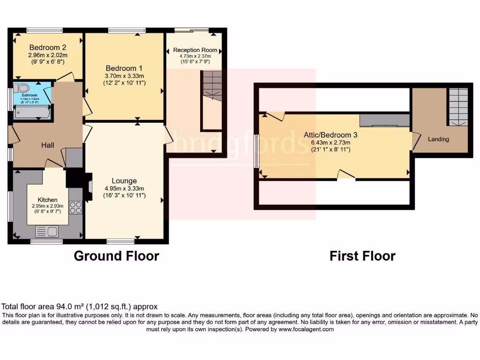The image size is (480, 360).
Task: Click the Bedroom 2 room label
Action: (x=47, y=47)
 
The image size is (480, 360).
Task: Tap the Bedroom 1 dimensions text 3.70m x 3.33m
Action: (x=124, y=76)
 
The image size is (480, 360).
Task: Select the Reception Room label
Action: (x=195, y=50)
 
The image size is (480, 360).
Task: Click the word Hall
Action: (x=47, y=145)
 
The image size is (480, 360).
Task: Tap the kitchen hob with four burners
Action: (x=75, y=207)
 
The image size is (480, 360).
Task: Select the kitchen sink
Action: (x=46, y=231)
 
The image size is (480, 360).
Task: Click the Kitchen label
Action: (x=47, y=200)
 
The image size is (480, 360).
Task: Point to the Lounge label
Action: (x=124, y=181)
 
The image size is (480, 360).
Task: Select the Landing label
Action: (x=438, y=139)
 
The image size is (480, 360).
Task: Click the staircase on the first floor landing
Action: (x=458, y=106)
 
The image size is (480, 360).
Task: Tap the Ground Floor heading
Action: (x=116, y=256)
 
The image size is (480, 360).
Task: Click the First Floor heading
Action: (x=362, y=256)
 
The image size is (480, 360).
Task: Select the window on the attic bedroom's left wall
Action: (x=256, y=151)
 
